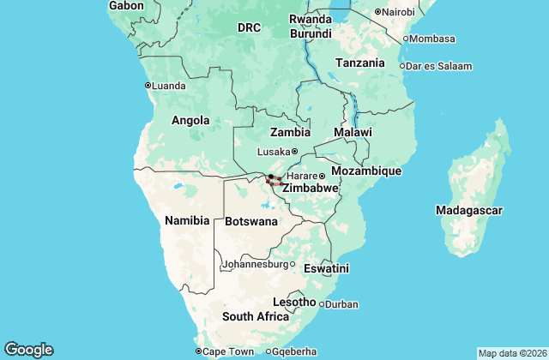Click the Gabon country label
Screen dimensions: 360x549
pos(126,6)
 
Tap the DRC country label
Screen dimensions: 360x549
pos(249,28)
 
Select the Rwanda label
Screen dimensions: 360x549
pos(310,19)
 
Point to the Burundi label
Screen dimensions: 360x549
pos(311,34)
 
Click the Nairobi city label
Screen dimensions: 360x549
pos(399,11)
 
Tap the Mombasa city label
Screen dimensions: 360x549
pos(432,39)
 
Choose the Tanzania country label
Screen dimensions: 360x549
pos(359,63)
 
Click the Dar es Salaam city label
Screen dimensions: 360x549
pos(439,65)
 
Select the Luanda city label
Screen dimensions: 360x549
pos(168,85)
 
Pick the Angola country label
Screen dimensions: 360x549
pos(191,120)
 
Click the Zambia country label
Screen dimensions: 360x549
pos(290,133)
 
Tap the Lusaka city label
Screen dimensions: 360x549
pos(274,152)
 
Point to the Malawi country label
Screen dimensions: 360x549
pos(353,133)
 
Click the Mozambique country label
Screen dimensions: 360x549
pos(366,171)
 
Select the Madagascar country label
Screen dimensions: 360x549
pos(468,210)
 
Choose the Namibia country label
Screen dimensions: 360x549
pos(186,220)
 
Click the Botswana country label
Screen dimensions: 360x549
pos(252,221)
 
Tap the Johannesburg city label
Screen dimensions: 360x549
pos(255,264)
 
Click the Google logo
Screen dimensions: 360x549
pos(28,350)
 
